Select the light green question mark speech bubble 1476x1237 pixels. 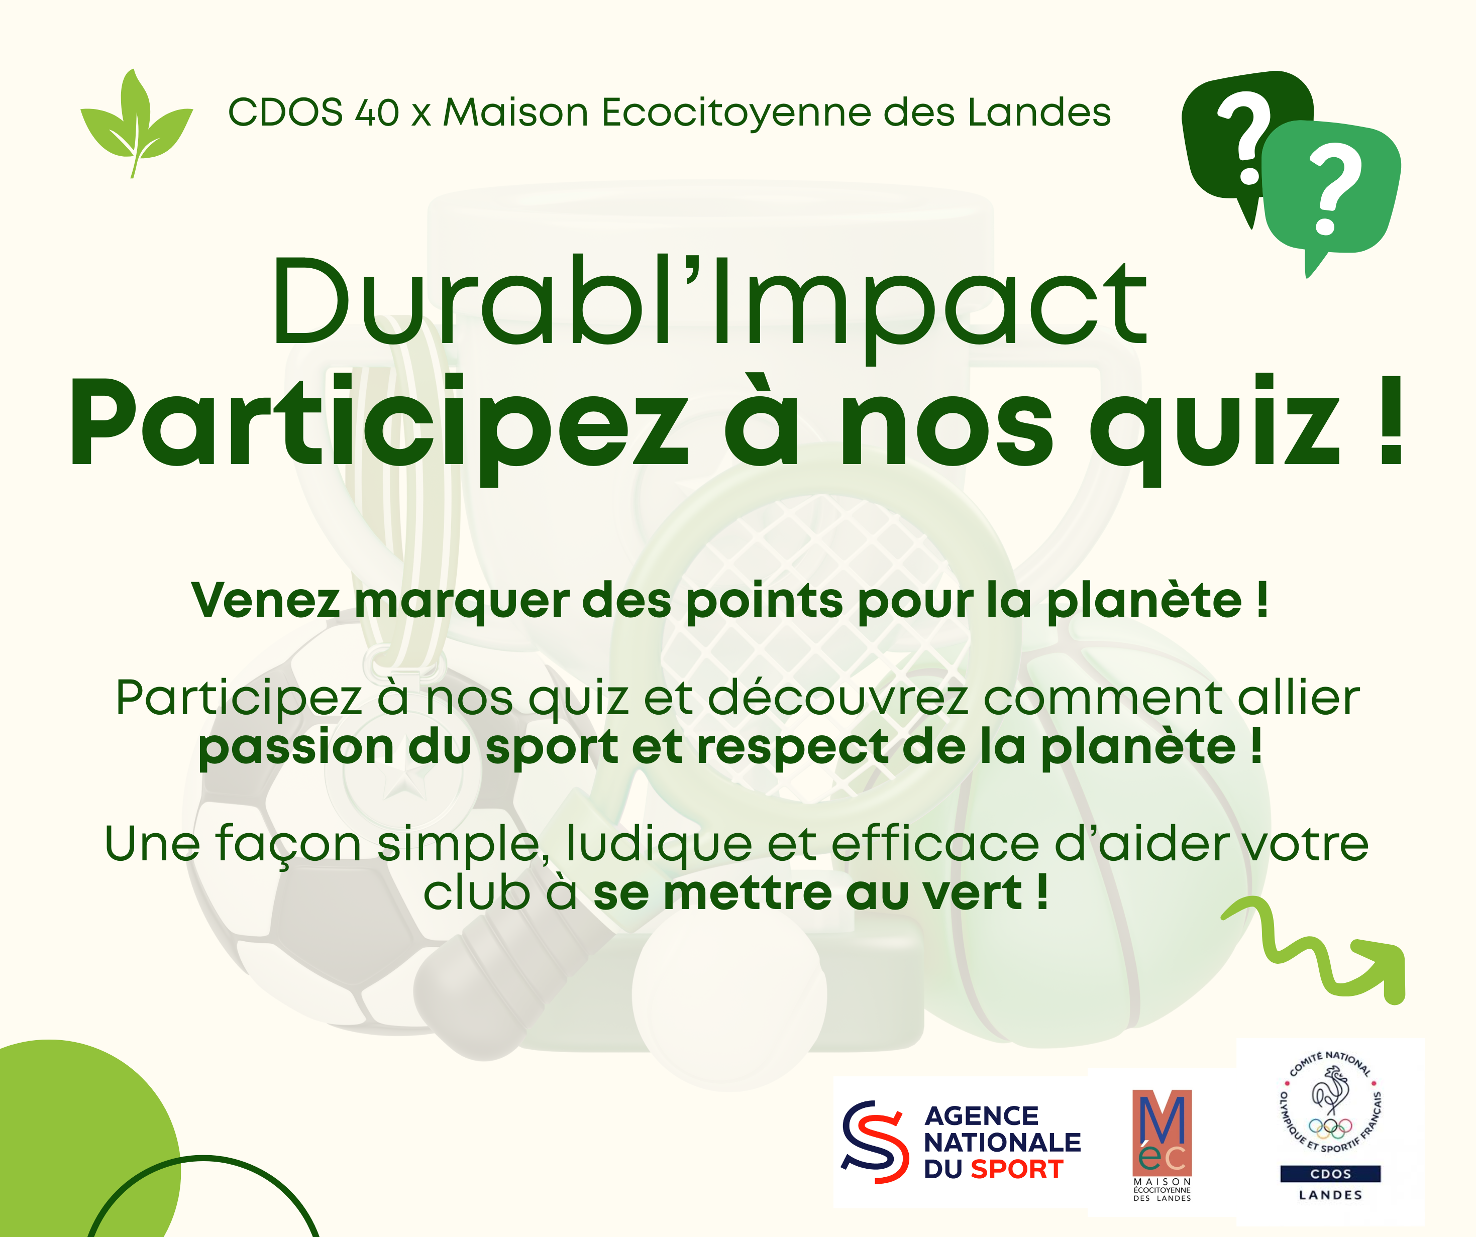click(1331, 193)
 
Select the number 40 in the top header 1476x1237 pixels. click(377, 113)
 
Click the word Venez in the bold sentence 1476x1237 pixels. click(266, 601)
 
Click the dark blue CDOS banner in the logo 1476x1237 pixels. click(1330, 1174)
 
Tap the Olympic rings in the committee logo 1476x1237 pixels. click(1330, 1128)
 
